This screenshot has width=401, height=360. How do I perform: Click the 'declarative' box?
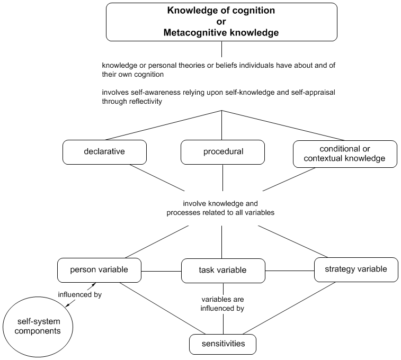point(104,151)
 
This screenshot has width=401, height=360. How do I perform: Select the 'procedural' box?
point(223,151)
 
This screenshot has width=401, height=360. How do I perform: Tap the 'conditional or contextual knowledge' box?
point(344,153)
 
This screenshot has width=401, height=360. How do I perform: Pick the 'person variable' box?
point(99,269)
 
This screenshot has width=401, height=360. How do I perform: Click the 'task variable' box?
point(223,270)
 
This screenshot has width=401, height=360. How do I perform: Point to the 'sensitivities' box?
point(223,344)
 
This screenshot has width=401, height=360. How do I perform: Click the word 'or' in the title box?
point(221,21)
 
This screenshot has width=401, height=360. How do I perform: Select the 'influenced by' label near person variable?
point(80,294)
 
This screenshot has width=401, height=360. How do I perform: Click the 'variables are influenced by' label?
point(222,303)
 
